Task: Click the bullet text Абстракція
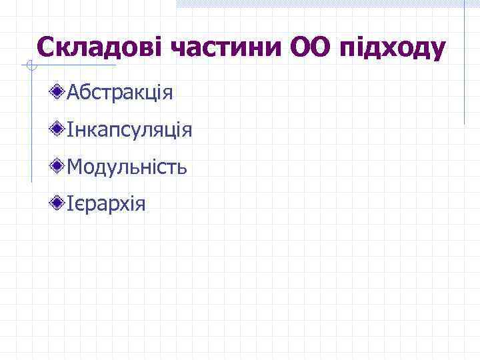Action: coord(120,93)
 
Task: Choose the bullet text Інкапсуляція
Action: coord(129,130)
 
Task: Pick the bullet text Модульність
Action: coord(127,167)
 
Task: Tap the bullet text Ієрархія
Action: coord(105,203)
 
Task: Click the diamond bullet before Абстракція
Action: coord(59,91)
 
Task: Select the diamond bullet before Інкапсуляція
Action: coord(59,128)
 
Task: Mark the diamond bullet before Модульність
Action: coord(59,165)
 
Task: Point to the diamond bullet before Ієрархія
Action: coord(59,201)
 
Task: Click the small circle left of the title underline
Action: coord(27,65)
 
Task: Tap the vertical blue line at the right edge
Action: coord(464,67)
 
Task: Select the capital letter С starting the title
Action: coord(46,47)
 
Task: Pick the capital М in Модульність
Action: coord(75,167)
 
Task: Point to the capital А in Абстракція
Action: coord(73,93)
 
